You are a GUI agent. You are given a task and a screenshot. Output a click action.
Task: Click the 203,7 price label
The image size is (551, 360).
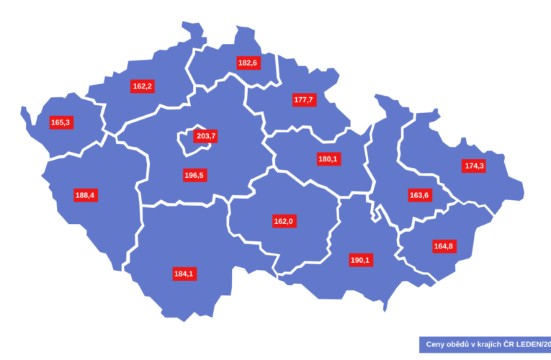tap(206, 135)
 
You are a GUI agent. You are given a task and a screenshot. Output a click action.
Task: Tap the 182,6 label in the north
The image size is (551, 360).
tap(248, 63)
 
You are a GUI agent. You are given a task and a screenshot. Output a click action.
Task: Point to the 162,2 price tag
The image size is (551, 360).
tap(143, 86)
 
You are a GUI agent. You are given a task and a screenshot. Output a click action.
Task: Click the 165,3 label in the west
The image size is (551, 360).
tap(61, 122)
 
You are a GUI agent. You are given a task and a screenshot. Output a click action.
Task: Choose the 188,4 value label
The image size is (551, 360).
tap(85, 194)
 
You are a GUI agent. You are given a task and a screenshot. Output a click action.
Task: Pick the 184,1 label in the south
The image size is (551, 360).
tap(184, 274)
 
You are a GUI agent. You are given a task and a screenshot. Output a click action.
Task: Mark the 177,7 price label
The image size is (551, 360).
tap(303, 99)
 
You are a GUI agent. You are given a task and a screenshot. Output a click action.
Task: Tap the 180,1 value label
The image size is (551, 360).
tap(328, 158)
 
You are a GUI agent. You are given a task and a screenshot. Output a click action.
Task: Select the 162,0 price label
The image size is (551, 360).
tap(283, 221)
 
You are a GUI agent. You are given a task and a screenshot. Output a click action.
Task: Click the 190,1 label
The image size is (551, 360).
tap(361, 260)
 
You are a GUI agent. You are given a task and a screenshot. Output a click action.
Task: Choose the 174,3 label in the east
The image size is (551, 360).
tap(474, 166)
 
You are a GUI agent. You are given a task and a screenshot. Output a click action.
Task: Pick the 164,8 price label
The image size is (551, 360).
tap(444, 246)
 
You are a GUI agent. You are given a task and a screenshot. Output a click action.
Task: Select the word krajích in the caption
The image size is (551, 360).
tap(495, 344)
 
